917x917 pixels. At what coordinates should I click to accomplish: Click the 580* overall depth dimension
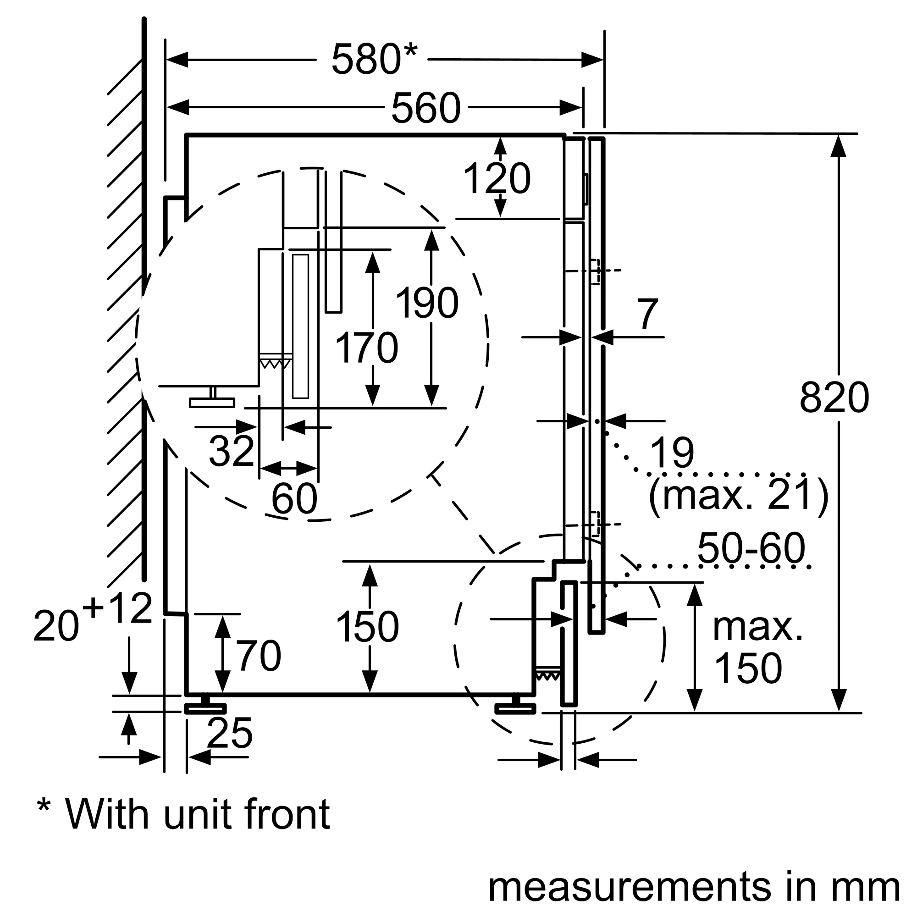374,59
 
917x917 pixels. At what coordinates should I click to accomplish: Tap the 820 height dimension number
834,398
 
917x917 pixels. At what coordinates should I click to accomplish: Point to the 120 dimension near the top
497,178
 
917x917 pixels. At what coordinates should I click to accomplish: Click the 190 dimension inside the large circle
427,303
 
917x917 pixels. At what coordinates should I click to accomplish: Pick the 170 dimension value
366,348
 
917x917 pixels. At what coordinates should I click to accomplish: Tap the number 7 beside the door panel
648,314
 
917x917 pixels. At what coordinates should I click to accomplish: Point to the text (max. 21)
738,495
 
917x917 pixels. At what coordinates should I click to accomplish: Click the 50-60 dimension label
751,548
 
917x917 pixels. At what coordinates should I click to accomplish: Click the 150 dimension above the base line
367,627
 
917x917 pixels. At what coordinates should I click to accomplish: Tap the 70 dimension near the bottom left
259,656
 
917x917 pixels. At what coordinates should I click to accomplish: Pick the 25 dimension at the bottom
230,732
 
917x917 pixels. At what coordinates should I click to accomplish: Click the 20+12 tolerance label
93,618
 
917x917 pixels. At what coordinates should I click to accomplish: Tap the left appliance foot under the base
205,707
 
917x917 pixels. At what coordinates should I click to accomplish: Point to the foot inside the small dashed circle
515,707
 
